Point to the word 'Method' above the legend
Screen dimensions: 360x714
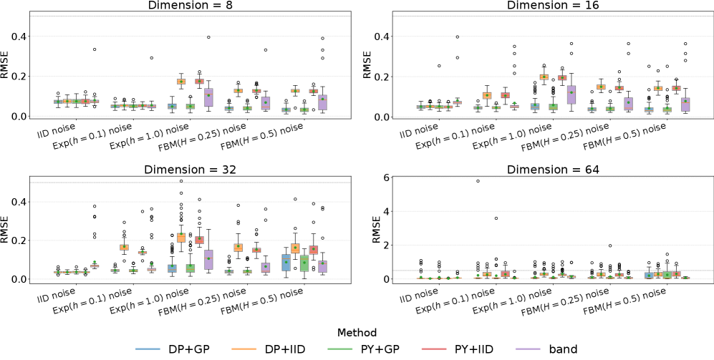[357, 333]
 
